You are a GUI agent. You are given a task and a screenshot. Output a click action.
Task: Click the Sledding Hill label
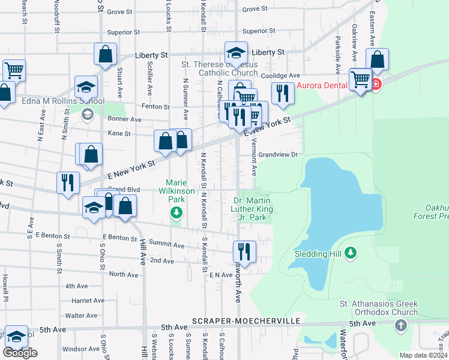318,253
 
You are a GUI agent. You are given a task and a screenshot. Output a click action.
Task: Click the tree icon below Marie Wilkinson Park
176,212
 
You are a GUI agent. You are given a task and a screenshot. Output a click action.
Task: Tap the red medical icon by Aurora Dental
376,84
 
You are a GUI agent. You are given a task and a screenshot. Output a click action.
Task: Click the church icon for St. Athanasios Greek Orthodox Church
401,325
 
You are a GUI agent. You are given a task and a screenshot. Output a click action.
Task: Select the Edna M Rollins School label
63,101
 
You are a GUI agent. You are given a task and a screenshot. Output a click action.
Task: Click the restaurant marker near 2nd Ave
244,250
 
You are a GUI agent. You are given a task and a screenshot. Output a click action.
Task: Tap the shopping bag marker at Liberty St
106,53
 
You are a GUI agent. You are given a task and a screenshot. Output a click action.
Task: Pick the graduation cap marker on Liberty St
237,52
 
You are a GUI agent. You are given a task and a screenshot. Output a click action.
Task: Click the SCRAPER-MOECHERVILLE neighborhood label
246,322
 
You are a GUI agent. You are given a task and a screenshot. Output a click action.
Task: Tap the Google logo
20,353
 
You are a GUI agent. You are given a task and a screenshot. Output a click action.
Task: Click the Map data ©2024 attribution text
423,355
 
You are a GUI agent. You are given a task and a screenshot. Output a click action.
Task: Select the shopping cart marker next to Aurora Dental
360,79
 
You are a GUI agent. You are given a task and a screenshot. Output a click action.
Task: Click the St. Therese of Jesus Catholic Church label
220,68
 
